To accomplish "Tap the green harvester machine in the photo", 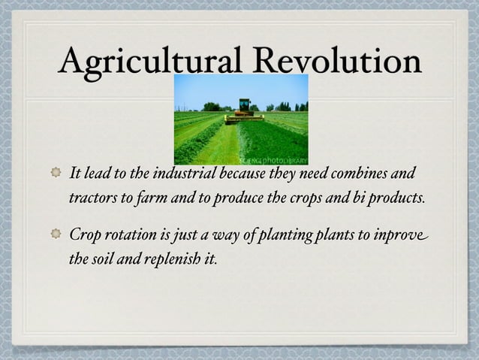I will click(244, 110).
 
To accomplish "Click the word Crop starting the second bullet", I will click(84, 234).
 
